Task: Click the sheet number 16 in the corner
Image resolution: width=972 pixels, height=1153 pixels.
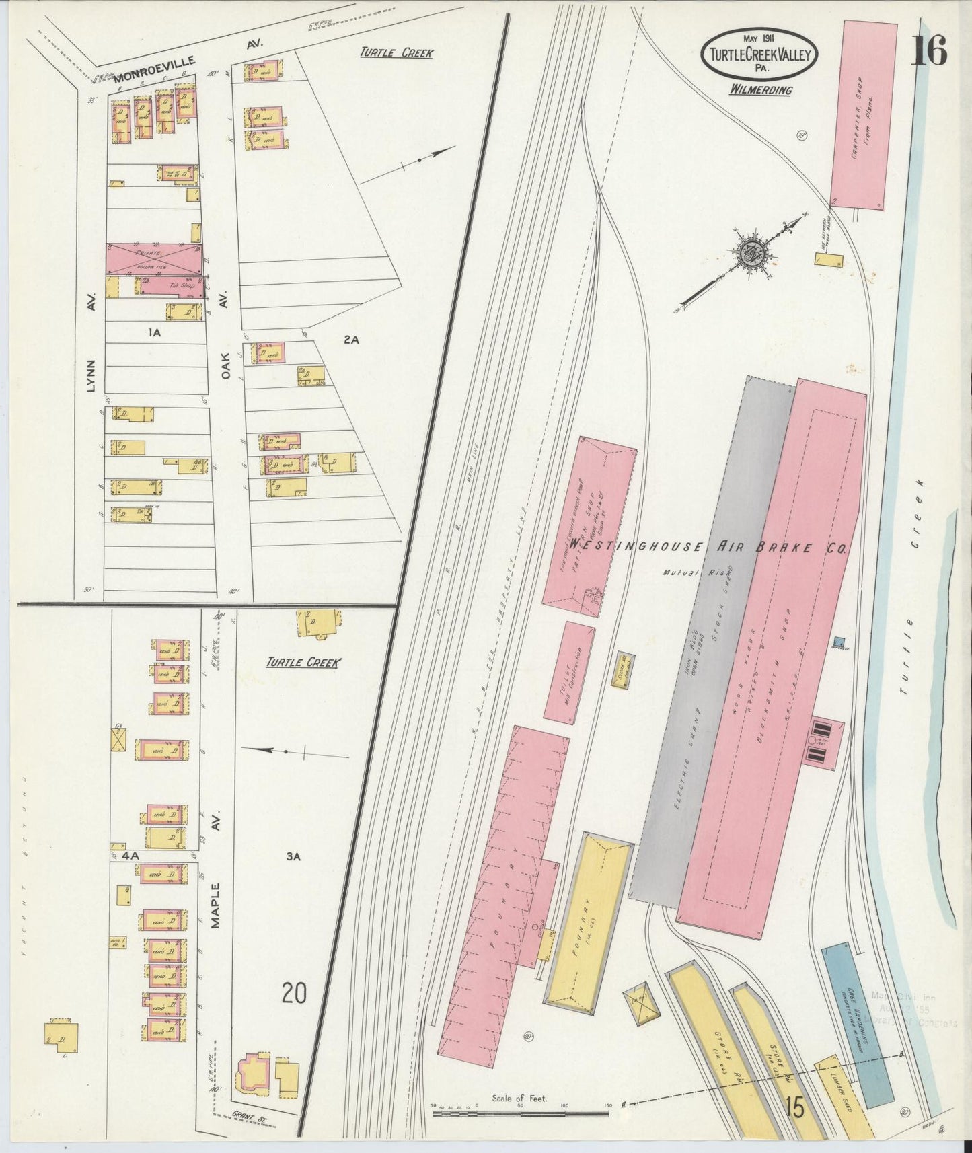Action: (930, 50)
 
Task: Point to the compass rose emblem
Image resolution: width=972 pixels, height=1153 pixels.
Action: (749, 254)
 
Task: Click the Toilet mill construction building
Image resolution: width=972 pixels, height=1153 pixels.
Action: (570, 673)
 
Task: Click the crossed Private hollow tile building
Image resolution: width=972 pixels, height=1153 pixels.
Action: (154, 258)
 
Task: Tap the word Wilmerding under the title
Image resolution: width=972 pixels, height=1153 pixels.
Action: (761, 90)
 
